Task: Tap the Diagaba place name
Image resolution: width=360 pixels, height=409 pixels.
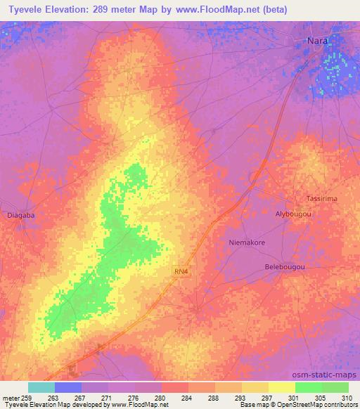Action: pyautogui.click(x=19, y=215)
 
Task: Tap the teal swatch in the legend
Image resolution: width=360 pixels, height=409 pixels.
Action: pyautogui.click(x=41, y=387)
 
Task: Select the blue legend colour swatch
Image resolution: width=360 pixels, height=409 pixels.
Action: pyautogui.click(x=68, y=387)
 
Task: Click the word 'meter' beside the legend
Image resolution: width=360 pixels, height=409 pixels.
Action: pyautogui.click(x=11, y=397)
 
